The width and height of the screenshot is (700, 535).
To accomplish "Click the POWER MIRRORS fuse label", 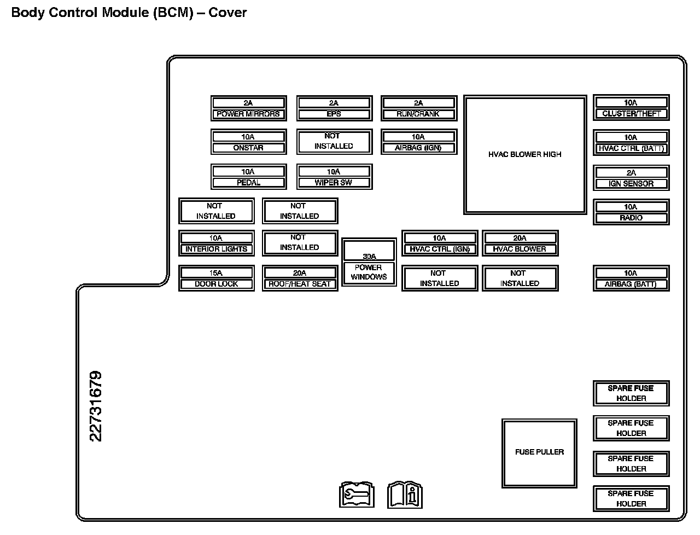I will (248, 114).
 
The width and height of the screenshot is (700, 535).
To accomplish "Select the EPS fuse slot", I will (334, 108).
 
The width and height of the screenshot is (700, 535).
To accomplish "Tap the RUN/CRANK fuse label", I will (418, 114).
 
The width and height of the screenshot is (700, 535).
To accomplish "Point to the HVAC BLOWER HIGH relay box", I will (525, 155).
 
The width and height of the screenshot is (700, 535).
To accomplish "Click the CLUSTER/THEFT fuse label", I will (631, 114).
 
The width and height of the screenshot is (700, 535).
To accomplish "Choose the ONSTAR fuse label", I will (248, 148).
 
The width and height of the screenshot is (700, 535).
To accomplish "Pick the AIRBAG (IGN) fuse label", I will (418, 148).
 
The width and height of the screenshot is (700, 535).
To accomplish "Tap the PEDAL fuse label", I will (248, 183).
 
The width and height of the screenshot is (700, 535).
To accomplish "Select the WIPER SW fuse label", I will (334, 183).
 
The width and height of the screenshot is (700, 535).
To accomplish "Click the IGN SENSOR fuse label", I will (631, 184).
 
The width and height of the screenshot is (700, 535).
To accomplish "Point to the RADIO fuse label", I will (631, 218).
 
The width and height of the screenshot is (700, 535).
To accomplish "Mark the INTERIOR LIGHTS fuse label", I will (216, 249).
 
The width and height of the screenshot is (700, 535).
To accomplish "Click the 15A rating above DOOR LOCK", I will (216, 273).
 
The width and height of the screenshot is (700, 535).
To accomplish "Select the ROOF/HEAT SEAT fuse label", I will (300, 284).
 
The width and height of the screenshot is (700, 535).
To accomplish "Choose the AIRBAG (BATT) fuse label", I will (631, 284).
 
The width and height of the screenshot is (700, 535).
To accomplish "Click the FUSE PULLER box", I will (539, 452).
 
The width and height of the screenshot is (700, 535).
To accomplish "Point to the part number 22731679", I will (96, 406).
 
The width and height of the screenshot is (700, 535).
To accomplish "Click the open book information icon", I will (405, 495).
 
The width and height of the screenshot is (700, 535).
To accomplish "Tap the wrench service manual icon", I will (357, 495).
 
